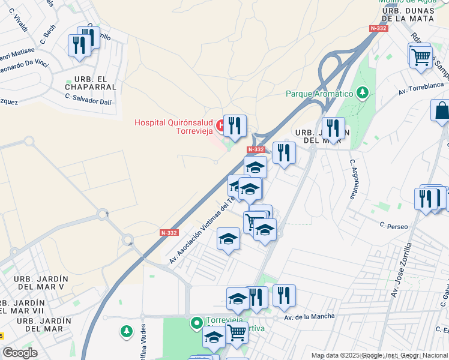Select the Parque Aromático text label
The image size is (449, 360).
[x=319, y=94]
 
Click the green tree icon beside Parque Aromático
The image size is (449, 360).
[x=362, y=93]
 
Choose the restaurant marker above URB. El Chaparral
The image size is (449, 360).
[x=79, y=45]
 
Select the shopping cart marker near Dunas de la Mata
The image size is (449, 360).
[x=421, y=57]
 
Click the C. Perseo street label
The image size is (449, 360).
[x=394, y=226]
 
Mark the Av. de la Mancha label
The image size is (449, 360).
[x=304, y=317]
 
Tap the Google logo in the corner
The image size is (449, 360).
[x=20, y=353]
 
